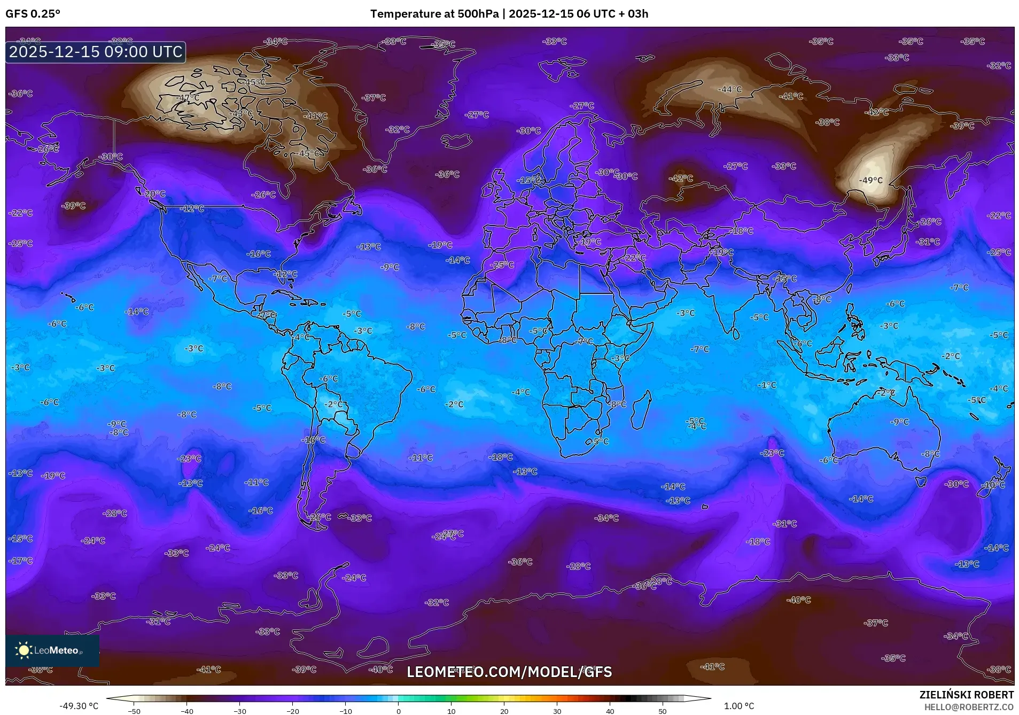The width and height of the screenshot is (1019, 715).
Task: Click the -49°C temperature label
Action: click(x=870, y=181)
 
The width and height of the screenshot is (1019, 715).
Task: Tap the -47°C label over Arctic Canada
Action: click(x=188, y=98)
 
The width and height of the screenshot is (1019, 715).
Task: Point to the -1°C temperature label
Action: click(x=767, y=385)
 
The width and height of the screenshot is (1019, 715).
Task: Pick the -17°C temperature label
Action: click(x=21, y=561)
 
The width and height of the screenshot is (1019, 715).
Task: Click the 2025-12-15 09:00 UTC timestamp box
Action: click(x=96, y=52)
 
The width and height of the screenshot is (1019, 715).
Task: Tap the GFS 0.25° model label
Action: click(x=33, y=14)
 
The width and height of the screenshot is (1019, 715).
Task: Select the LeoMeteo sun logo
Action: click(x=24, y=650)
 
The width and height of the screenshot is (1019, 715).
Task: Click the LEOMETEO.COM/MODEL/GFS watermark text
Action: click(x=509, y=672)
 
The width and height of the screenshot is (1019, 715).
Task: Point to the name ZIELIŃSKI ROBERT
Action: click(x=966, y=695)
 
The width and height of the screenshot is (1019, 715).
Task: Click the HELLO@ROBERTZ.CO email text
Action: click(x=969, y=707)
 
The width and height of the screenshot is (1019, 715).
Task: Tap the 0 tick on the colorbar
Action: click(x=399, y=711)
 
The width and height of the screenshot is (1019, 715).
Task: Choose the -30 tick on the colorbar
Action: click(x=240, y=711)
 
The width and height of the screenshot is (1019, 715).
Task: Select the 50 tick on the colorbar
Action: click(x=663, y=711)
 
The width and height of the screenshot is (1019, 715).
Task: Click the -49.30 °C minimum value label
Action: click(x=79, y=706)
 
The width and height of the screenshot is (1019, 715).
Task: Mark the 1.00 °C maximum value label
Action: click(x=739, y=706)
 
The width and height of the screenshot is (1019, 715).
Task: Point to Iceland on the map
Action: click(x=456, y=142)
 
